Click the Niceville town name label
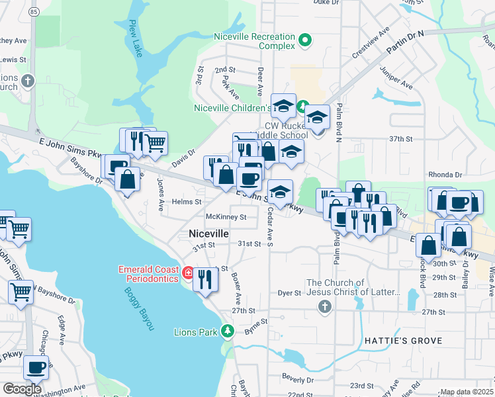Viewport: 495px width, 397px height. [208, 234]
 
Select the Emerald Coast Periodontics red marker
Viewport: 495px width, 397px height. [188, 273]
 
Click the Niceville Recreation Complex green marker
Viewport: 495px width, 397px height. [305, 40]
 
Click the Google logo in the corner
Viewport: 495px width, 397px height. [22, 388]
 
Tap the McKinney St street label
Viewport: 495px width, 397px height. [226, 216]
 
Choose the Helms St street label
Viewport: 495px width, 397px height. [187, 201]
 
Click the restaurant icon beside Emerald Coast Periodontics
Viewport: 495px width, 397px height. [205, 279]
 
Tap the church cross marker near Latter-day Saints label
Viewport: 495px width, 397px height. [324, 306]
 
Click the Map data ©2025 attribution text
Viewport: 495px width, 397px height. [467, 392]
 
